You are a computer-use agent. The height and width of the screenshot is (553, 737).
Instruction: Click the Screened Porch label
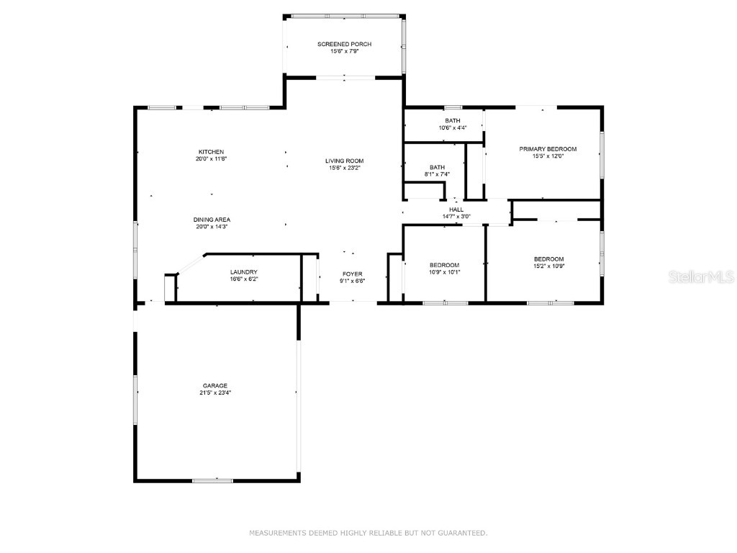pyautogui.click(x=344, y=45)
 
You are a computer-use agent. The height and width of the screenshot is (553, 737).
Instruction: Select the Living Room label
pyautogui.click(x=344, y=161)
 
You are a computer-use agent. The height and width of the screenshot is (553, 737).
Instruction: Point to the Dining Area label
pyautogui.click(x=212, y=220)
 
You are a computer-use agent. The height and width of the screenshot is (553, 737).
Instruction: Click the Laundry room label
pyautogui.click(x=243, y=272)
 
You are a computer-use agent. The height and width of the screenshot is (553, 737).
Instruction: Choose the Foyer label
pyautogui.click(x=352, y=274)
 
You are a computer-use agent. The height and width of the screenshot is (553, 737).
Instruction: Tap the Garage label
pyautogui.click(x=214, y=386)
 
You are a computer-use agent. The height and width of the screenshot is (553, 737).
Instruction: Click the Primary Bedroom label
pyautogui.click(x=548, y=149)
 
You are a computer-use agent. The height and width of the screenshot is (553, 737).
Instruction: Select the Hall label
pyautogui.click(x=456, y=210)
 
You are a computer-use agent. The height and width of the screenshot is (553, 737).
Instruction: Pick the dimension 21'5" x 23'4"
pyautogui.click(x=214, y=393)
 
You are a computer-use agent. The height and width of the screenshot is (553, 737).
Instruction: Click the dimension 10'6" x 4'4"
pyautogui.click(x=452, y=128)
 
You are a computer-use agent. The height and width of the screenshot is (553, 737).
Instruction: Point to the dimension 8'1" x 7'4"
pyautogui.click(x=438, y=174)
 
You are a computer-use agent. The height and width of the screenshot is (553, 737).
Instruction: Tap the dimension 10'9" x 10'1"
pyautogui.click(x=444, y=272)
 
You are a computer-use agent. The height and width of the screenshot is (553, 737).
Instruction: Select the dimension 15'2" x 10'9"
pyautogui.click(x=548, y=266)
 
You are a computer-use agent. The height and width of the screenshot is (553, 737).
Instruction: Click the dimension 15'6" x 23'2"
pyautogui.click(x=344, y=168)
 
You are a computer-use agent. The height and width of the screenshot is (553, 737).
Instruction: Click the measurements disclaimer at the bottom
pyautogui.click(x=368, y=534)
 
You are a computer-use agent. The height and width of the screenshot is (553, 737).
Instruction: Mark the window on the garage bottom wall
pyautogui.click(x=212, y=480)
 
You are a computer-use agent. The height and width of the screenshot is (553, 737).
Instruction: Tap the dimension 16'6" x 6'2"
pyautogui.click(x=243, y=279)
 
